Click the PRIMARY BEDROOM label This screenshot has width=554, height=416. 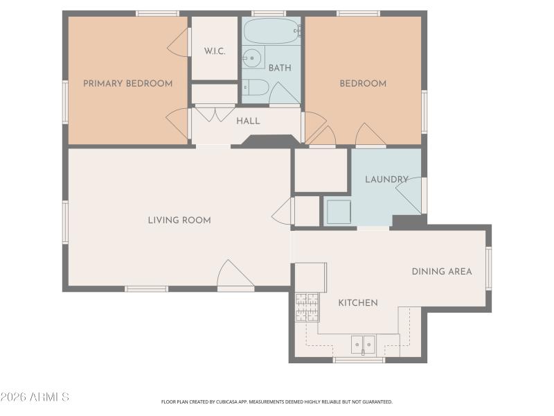(x=127, y=84)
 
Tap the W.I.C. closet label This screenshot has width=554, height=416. (x=215, y=51)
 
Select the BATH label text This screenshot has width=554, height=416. (x=280, y=68)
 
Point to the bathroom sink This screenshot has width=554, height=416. (x=253, y=58)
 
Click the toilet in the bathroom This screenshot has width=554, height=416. (x=256, y=87)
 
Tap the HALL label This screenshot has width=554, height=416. (x=248, y=121)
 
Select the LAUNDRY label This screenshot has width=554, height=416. (x=386, y=180)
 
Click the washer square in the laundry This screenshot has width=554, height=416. (x=339, y=212)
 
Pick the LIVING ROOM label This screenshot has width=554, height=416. (x=179, y=220)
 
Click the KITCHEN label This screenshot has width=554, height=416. (x=358, y=303)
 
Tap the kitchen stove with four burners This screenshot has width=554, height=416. (x=307, y=307)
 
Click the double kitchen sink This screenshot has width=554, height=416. (x=363, y=344)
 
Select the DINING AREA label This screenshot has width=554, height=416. (x=442, y=271)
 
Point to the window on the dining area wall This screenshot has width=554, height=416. (x=488, y=268)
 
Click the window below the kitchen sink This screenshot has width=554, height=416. (x=359, y=360)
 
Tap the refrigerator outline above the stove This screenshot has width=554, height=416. (x=310, y=277)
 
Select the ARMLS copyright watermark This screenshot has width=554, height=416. (x=35, y=397)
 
